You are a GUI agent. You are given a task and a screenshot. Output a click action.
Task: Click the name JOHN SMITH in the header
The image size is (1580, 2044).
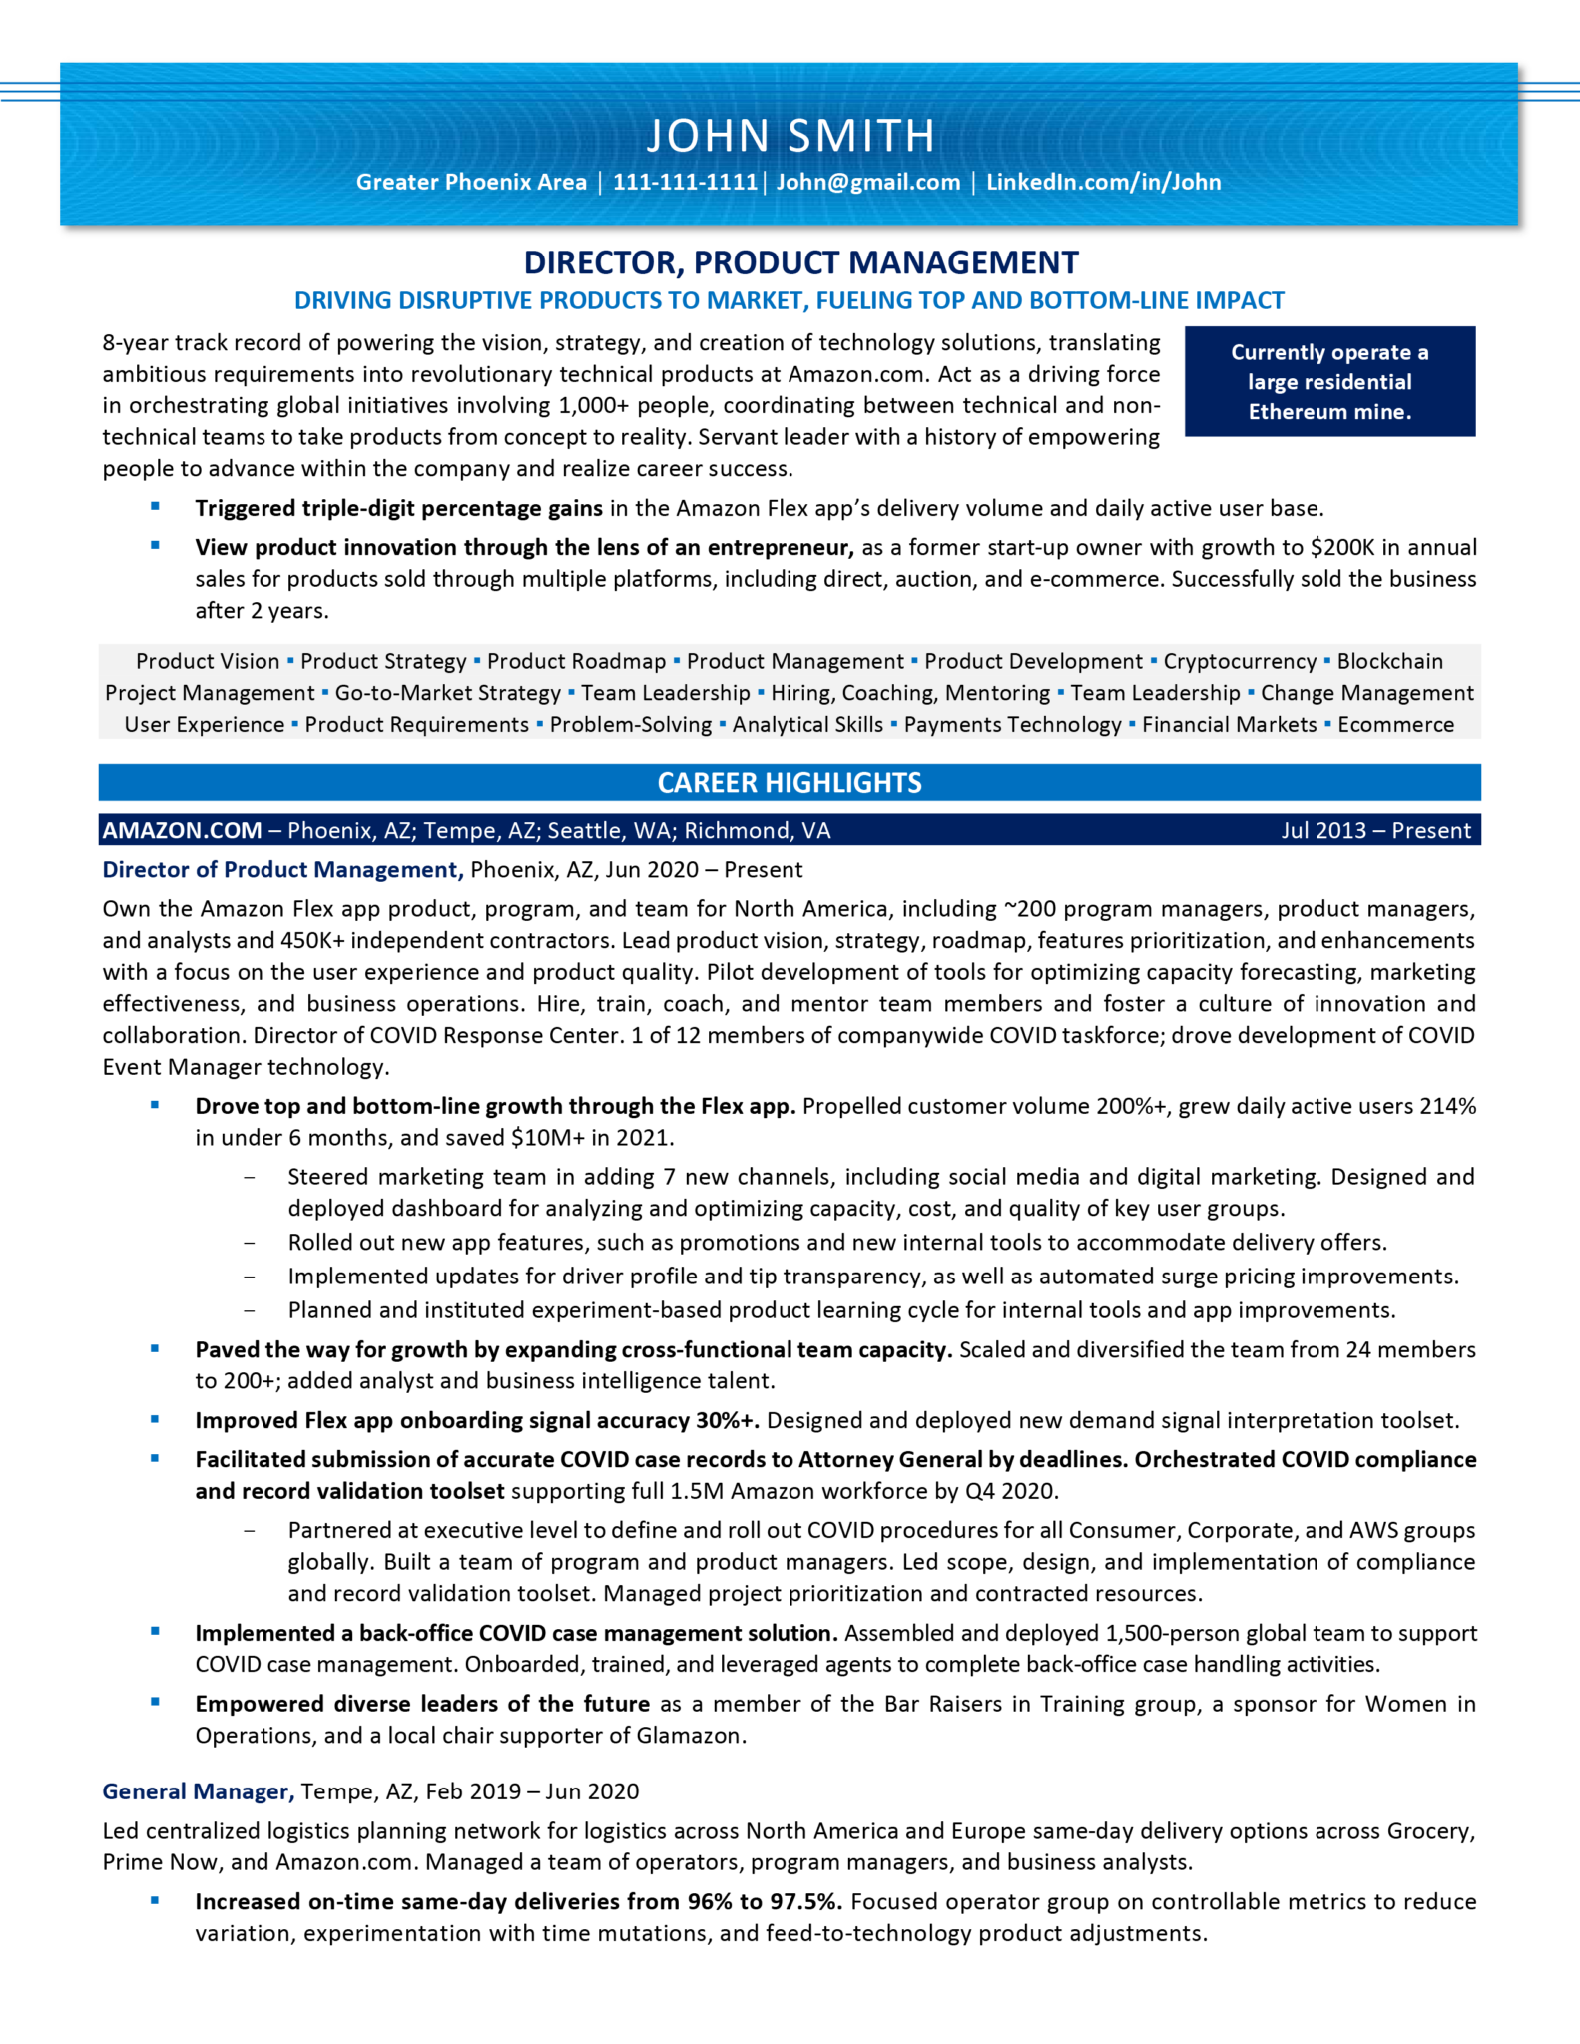coord(790,136)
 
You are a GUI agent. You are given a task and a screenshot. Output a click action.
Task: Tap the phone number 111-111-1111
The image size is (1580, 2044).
coord(685,182)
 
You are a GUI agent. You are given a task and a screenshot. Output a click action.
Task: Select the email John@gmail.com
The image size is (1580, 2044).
coord(867,182)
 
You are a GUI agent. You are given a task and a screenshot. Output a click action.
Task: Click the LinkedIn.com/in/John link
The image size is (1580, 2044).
coord(1103,182)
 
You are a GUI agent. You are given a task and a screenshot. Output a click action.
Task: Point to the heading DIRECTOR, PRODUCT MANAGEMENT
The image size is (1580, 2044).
coord(800,262)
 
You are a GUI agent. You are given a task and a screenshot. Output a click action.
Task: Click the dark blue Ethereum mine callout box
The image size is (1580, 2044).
coord(1328,381)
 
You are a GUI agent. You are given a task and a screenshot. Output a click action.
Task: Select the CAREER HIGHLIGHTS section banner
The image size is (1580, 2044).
coord(789,783)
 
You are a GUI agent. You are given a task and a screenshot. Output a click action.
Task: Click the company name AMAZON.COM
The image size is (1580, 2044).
coord(182,830)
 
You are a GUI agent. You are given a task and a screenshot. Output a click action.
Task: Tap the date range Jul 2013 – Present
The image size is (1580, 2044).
coord(1375,830)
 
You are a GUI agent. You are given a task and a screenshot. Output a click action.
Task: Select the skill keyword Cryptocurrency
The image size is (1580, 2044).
coord(1239,661)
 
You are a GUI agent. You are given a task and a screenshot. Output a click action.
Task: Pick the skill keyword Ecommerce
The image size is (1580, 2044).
coord(1395,725)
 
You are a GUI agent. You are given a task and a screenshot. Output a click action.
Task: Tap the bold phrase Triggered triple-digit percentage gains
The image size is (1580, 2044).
coord(398,508)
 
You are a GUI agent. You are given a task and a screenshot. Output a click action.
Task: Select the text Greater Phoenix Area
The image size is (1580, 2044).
coord(471,182)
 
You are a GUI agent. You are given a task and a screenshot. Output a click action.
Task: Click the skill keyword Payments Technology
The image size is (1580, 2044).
coord(1012,725)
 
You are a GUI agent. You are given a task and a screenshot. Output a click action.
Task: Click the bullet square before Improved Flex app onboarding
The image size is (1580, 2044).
coord(155,1418)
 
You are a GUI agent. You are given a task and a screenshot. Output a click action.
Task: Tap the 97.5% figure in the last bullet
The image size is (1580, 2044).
coord(803,1901)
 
